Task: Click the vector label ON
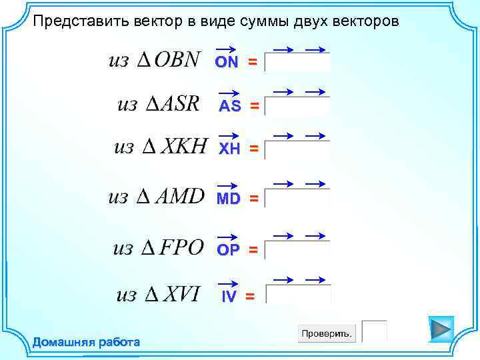tap(227, 61)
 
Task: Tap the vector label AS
tap(230, 106)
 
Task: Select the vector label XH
tap(230, 149)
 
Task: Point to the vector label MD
tap(228, 198)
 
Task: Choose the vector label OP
tap(228, 249)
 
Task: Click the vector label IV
tap(229, 297)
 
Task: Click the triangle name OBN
tap(177, 60)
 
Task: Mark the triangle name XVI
tap(181, 294)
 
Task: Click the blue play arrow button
tap(440, 329)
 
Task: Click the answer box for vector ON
tap(297, 63)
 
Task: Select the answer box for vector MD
tap(297, 199)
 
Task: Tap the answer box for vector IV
tap(298, 295)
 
